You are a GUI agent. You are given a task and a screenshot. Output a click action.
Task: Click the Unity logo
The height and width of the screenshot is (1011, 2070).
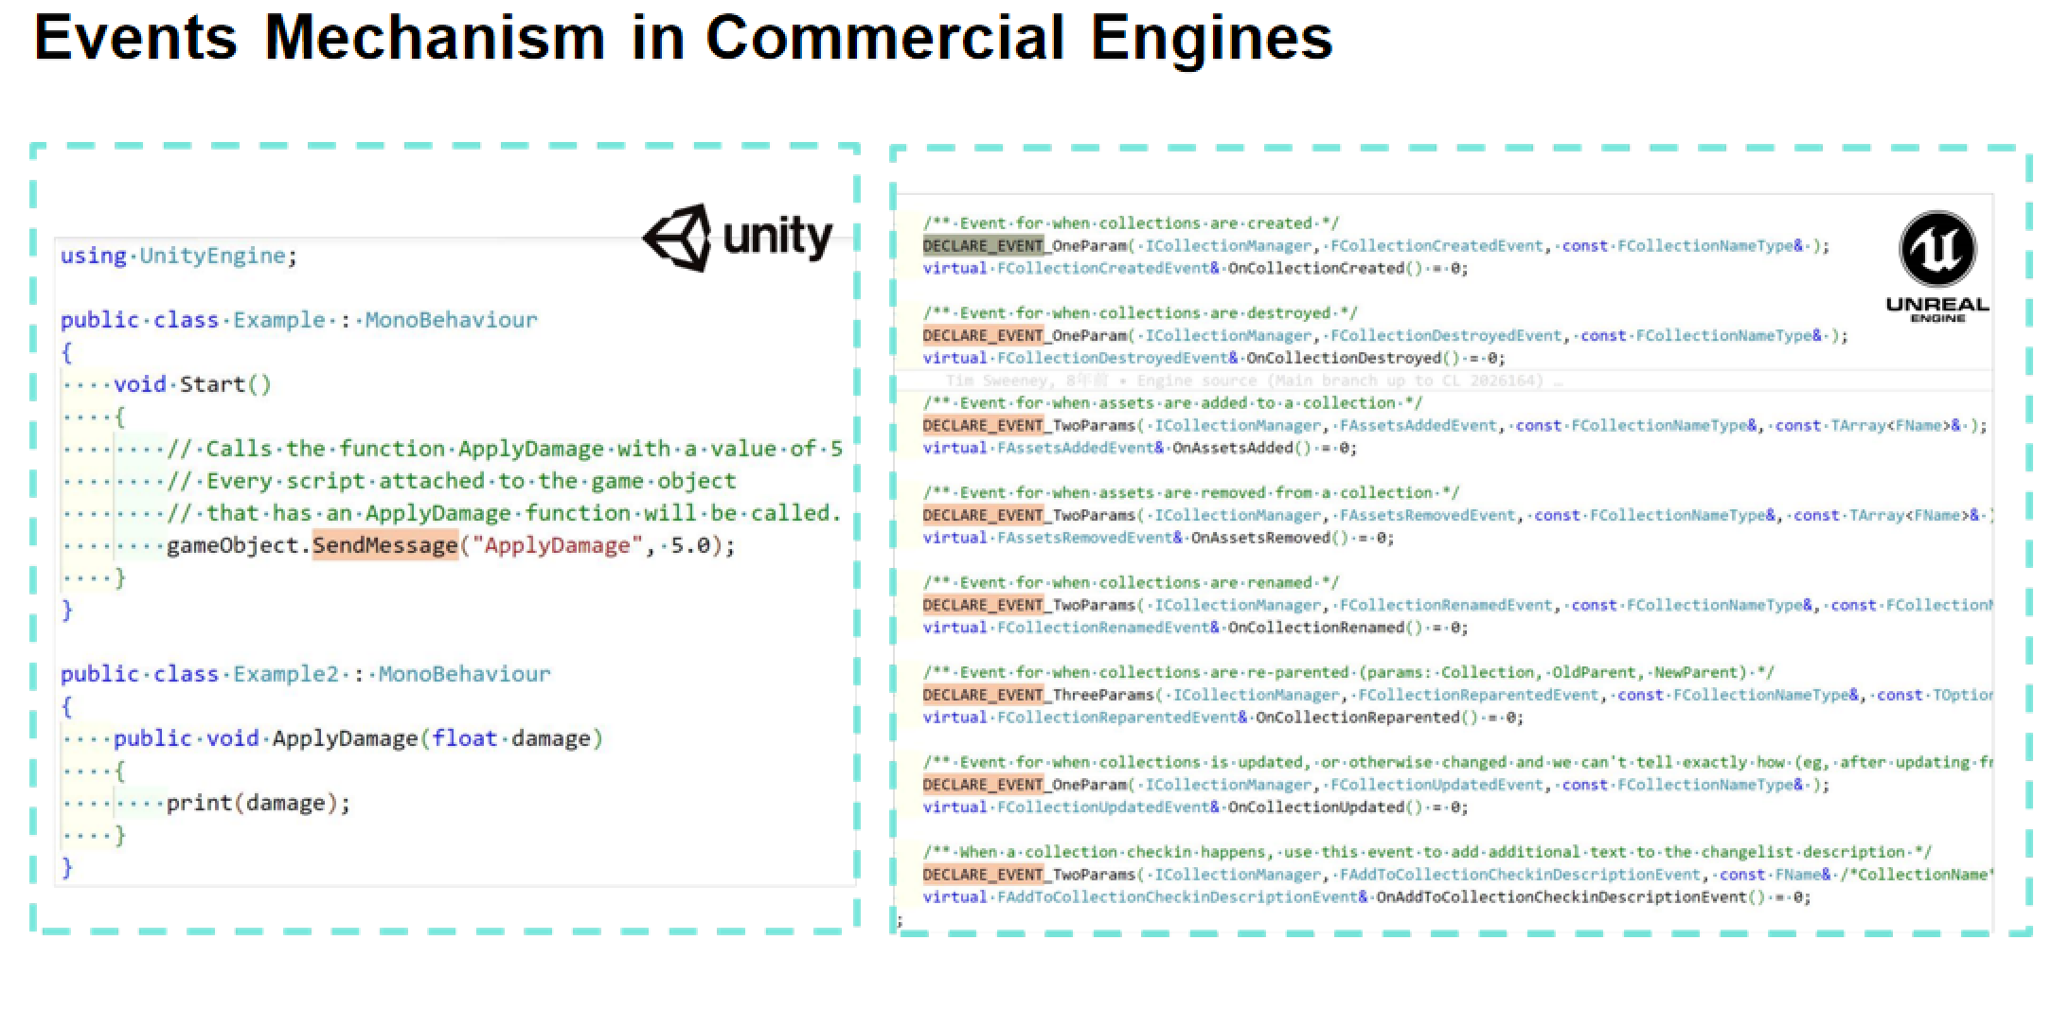[x=738, y=238]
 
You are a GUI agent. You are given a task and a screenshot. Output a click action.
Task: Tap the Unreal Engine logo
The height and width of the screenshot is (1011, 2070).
[x=1937, y=265]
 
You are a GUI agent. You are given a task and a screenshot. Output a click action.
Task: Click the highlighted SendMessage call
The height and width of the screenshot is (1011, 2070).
[x=385, y=545]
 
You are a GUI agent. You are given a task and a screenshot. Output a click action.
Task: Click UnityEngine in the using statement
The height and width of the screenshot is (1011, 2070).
[x=212, y=256]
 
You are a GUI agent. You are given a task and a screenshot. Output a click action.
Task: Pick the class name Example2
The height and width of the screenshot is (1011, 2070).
[x=285, y=674]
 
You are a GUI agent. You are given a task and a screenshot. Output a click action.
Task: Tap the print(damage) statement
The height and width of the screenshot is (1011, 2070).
[x=258, y=803]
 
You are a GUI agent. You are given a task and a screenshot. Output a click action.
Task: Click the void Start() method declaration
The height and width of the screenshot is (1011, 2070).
[x=192, y=384]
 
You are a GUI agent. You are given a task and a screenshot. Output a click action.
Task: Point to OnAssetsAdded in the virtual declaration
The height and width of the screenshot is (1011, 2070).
[x=1232, y=448]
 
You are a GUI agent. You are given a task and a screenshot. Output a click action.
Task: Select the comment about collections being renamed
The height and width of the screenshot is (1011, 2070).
[x=1131, y=582]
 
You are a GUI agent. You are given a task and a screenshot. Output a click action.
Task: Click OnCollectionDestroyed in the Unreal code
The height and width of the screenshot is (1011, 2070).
[x=1344, y=358]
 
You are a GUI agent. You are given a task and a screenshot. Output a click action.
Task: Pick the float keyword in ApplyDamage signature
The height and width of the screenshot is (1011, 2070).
[x=464, y=738]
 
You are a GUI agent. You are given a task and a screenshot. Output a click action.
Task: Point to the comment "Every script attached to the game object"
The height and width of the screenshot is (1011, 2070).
[x=452, y=481]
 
